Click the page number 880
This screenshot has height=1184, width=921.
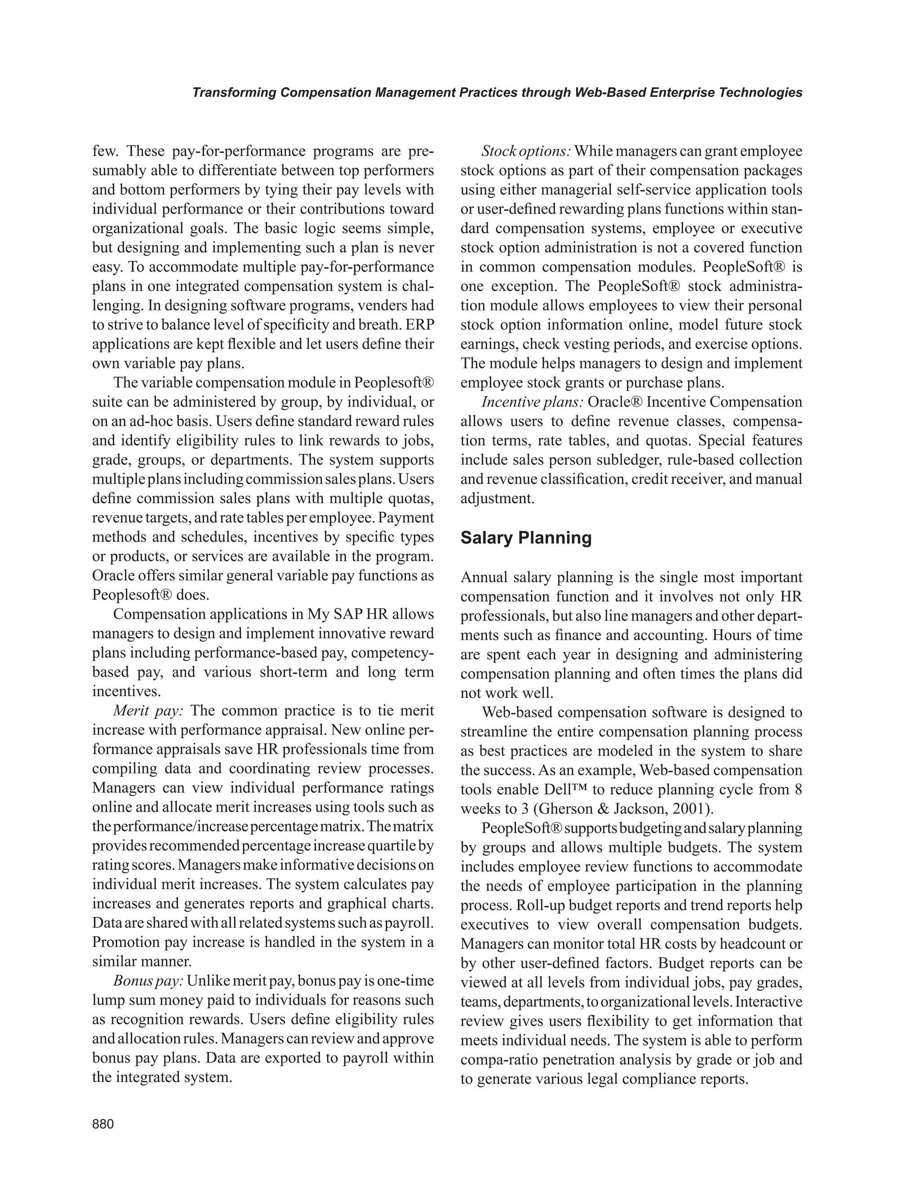click(103, 1124)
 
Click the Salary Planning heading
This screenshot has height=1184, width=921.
click(526, 538)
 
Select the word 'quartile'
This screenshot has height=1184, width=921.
click(392, 846)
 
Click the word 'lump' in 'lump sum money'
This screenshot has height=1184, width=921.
click(108, 1000)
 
